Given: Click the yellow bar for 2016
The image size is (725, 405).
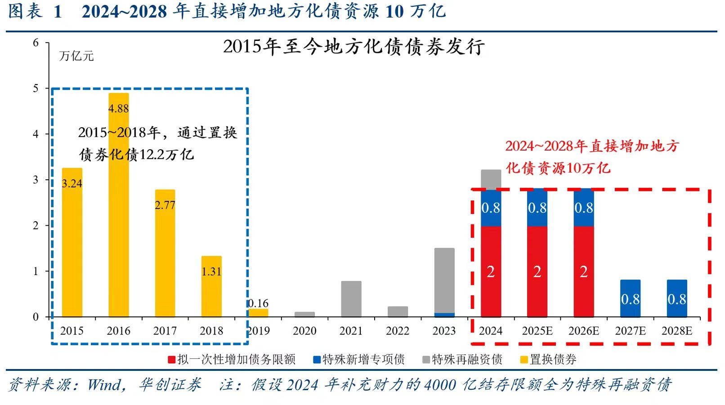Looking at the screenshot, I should (118, 225).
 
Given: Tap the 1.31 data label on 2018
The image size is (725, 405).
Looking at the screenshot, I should (211, 271).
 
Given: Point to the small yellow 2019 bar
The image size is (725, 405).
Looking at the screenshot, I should (258, 313).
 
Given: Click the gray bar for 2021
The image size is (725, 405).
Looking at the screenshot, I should (351, 299).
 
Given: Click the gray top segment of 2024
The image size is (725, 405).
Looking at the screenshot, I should (491, 179).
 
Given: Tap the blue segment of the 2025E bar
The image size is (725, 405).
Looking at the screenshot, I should (537, 208).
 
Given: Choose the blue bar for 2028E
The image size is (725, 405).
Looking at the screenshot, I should (677, 298).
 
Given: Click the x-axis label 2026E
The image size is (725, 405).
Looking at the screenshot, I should (584, 331).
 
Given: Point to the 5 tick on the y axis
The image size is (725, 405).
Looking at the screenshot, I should (36, 88).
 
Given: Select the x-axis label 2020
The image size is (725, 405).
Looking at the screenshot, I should (304, 331).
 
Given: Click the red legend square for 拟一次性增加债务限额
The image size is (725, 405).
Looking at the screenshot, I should (171, 360).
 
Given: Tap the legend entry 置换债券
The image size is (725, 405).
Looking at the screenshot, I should (553, 360).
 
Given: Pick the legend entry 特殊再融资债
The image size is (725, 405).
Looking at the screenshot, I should (467, 360).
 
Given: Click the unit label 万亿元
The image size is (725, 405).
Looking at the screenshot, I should (76, 56).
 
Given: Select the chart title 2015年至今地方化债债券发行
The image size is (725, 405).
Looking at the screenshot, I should (354, 47).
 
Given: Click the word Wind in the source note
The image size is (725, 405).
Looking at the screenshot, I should (104, 385).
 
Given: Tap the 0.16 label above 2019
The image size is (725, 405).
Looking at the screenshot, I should (258, 303).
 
